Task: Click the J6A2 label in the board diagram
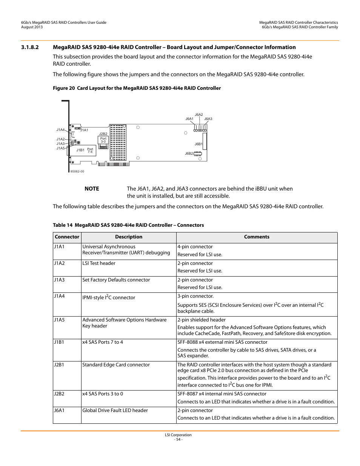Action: tap(199, 115)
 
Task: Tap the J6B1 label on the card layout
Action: tap(198, 144)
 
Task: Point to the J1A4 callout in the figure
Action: tap(60, 130)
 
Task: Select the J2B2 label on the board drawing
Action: tap(103, 134)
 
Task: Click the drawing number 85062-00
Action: tap(77, 171)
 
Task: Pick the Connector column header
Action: tap(67, 237)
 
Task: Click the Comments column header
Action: tap(257, 237)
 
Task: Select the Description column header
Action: tap(129, 237)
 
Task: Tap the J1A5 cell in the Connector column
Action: tap(59, 320)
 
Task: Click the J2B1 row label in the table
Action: tap(59, 365)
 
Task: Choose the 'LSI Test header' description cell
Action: tap(99, 263)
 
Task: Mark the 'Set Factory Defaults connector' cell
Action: tap(116, 280)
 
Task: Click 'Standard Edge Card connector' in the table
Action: tap(116, 365)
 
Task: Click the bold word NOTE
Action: tap(92, 189)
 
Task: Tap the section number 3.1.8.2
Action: tap(30, 48)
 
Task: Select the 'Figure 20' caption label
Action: tap(64, 88)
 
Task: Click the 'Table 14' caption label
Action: tap(63, 225)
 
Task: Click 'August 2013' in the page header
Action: tap(32, 27)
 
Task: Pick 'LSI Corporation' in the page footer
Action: tap(178, 435)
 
